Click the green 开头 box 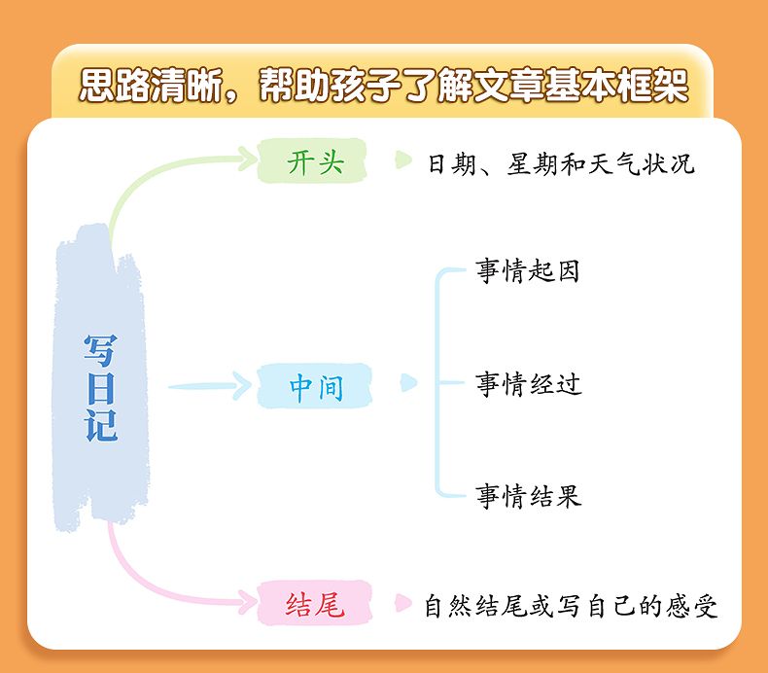(315, 160)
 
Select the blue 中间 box (315, 387)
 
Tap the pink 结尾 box (315, 605)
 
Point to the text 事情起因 (528, 271)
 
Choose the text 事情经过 (528, 384)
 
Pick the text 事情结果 (528, 497)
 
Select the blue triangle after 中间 (408, 385)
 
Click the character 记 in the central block (100, 425)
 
